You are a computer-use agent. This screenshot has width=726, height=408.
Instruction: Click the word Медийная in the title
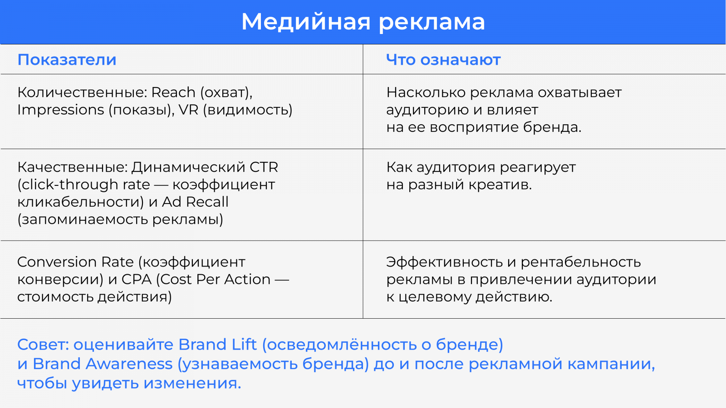coord(306,22)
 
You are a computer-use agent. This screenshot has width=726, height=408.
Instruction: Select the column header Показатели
coord(67,59)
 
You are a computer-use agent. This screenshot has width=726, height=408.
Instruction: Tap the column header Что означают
coord(443,59)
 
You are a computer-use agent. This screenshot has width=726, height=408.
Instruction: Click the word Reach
coord(173,92)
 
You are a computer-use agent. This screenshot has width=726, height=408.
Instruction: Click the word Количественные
coord(82,92)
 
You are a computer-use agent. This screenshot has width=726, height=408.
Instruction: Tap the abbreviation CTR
coord(264,167)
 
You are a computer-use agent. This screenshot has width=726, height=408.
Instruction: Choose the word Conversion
coord(57,262)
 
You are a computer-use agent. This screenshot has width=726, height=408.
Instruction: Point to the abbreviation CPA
coord(137,279)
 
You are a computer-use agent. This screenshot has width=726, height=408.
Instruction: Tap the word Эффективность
coord(444,262)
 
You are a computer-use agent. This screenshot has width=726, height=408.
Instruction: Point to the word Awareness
coord(129,364)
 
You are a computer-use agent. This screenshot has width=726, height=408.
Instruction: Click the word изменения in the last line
coord(192,384)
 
